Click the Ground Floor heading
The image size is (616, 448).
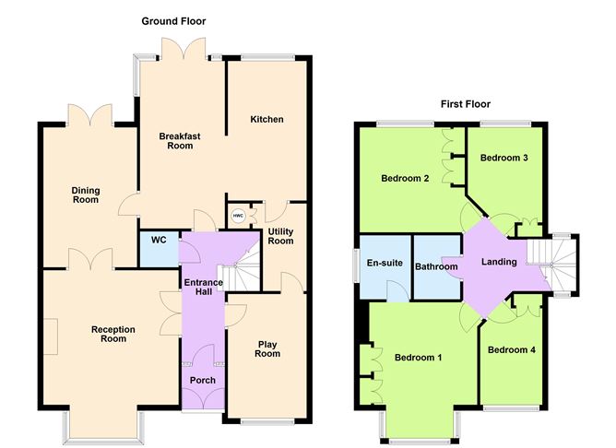tap(173, 20)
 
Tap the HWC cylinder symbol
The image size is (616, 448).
tap(238, 217)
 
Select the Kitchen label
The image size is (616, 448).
tap(267, 120)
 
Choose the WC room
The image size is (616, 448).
tap(158, 241)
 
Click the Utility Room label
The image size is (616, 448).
tap(280, 236)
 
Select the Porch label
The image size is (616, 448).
tap(202, 380)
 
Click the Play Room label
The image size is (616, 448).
tap(267, 348)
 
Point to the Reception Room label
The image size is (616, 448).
tap(113, 334)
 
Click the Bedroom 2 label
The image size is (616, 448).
tap(405, 178)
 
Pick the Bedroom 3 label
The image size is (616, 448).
tap(504, 158)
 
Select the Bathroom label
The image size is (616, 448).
tap(436, 267)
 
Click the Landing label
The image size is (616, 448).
tap(499, 263)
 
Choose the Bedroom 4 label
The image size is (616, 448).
tap(511, 349)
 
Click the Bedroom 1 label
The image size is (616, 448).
tap(418, 357)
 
